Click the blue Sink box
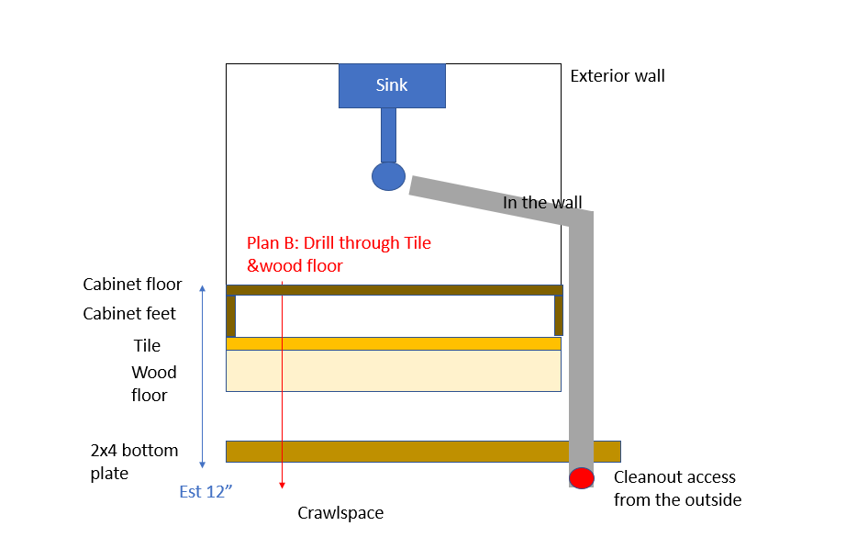[x=392, y=85]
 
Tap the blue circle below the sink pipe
[x=388, y=175]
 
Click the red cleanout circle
[x=581, y=478]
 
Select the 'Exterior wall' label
[x=617, y=76]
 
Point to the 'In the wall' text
[x=541, y=203]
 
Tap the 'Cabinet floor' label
[x=132, y=285]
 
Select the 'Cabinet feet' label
[x=129, y=314]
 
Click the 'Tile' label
[x=147, y=346]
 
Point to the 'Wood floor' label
[x=153, y=384]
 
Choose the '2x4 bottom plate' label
[x=128, y=462]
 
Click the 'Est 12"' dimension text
[x=206, y=492]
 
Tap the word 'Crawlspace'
[x=339, y=513]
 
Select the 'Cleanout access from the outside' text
[x=676, y=488]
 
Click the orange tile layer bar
[x=394, y=343]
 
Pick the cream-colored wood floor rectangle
[x=394, y=371]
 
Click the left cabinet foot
[x=231, y=316]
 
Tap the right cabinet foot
[x=559, y=316]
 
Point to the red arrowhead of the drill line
[x=283, y=485]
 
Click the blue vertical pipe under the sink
[x=388, y=135]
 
